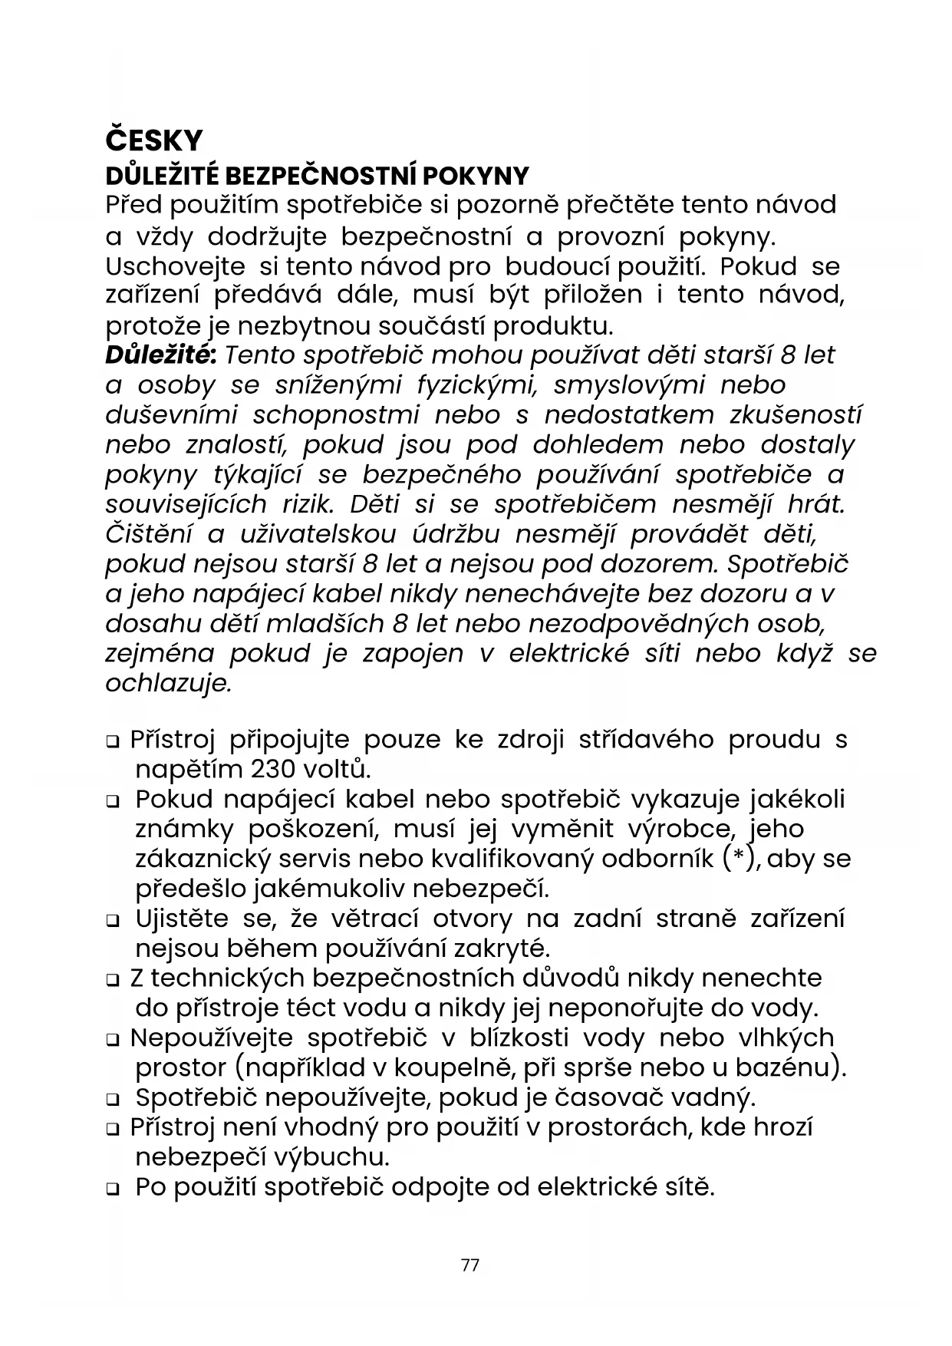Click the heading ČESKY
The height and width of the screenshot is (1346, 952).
click(x=153, y=140)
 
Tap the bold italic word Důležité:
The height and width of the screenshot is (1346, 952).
click(x=161, y=355)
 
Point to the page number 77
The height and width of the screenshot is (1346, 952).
click(x=470, y=1265)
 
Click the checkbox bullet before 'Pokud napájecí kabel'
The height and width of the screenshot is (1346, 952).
click(x=113, y=801)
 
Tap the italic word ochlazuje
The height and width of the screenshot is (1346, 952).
click(x=167, y=683)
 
